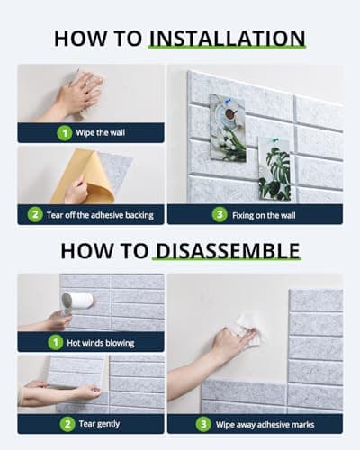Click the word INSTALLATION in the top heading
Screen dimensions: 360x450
(x=228, y=39)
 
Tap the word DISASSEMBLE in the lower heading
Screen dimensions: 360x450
(x=228, y=251)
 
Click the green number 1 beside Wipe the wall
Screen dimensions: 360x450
(x=64, y=133)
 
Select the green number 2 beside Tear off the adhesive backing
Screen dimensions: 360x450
(x=35, y=215)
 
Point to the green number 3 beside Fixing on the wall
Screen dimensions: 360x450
(x=220, y=215)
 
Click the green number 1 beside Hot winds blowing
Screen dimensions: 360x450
(x=56, y=342)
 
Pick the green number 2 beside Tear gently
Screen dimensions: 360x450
(x=67, y=424)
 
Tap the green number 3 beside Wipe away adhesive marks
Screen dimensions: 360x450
(x=203, y=424)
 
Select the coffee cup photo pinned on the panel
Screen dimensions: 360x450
(x=228, y=128)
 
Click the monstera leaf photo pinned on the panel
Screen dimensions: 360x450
(x=274, y=168)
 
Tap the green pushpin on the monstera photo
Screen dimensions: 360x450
(x=275, y=139)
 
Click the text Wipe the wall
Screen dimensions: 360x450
(x=100, y=132)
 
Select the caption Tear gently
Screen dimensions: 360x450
(x=99, y=424)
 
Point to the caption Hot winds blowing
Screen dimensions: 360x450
(x=101, y=343)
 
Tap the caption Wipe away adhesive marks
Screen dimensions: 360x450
(x=265, y=424)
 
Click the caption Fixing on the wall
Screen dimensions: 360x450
(x=264, y=215)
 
